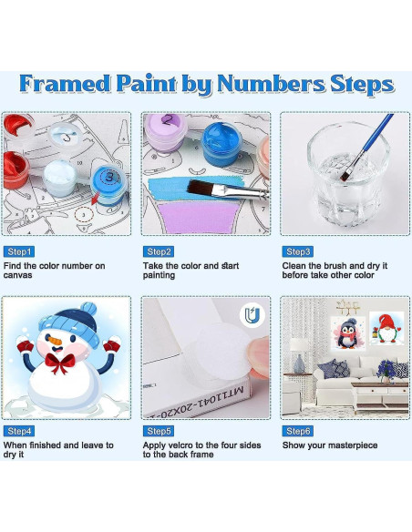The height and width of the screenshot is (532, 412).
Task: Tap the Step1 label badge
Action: [19, 251]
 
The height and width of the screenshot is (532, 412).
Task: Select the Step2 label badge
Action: [159, 251]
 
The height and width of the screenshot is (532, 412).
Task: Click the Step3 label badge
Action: [298, 251]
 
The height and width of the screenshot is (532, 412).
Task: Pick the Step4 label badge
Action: [19, 431]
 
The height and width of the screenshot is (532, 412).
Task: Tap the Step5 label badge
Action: [159, 431]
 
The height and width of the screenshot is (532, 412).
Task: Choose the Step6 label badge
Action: [298, 431]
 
